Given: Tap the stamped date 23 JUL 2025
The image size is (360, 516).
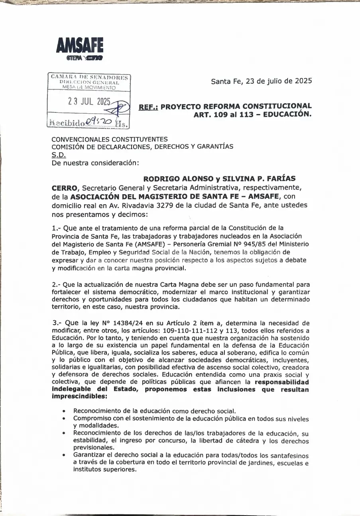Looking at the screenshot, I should click(x=89, y=102).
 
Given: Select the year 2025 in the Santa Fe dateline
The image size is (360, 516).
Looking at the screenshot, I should click(x=303, y=81).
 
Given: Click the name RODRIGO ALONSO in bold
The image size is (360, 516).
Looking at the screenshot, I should click(x=177, y=178).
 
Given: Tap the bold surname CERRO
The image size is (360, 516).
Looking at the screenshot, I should click(x=64, y=187).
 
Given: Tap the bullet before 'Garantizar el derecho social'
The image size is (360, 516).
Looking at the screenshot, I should click(x=65, y=456).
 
